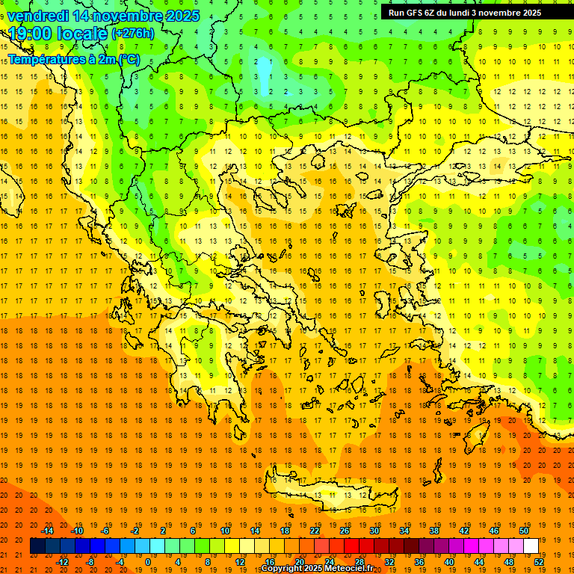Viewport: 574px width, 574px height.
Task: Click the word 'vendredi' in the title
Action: (x=38, y=16)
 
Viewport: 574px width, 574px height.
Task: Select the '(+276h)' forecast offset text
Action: (x=133, y=33)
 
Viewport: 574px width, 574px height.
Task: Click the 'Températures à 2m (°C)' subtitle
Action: (x=73, y=59)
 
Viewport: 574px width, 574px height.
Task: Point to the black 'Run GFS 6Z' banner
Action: (x=470, y=12)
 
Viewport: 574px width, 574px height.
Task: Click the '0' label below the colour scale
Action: (x=148, y=561)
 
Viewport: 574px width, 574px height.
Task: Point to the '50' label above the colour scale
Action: (x=524, y=531)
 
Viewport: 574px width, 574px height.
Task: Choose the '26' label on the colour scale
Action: (x=345, y=531)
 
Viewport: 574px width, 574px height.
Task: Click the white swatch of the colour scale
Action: (x=531, y=546)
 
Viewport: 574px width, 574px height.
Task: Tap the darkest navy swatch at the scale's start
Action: (x=37, y=546)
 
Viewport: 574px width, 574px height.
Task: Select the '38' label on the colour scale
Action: (x=434, y=531)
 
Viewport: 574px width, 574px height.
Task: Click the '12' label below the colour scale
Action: (x=239, y=561)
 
